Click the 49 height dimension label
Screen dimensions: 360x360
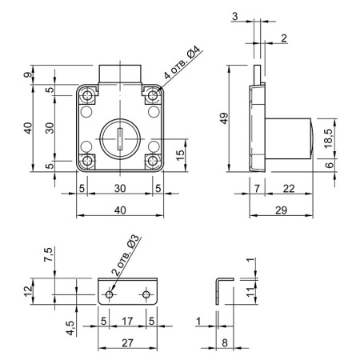(x=225, y=118)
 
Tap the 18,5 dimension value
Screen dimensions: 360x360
(x=329, y=138)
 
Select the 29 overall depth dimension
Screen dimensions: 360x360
(x=281, y=210)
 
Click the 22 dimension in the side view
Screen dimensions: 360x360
(x=289, y=189)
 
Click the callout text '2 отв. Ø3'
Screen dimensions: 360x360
(x=126, y=255)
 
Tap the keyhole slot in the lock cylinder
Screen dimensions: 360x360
(x=120, y=138)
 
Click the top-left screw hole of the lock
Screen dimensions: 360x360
(x=87, y=95)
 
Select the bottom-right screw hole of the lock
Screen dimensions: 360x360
(x=153, y=161)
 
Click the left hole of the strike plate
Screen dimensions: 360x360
(x=109, y=294)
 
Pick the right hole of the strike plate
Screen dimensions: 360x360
(x=146, y=294)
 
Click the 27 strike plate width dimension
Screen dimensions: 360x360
(x=127, y=343)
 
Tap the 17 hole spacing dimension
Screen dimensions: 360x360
(x=127, y=321)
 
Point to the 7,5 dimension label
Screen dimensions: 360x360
(x=49, y=254)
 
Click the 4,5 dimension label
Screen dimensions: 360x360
(x=70, y=328)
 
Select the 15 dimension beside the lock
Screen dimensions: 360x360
(x=181, y=155)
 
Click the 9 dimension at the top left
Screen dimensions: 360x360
(x=28, y=75)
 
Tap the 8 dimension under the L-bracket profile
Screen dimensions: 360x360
(x=225, y=343)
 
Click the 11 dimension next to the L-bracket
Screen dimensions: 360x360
(x=250, y=292)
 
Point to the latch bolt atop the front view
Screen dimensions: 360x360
(x=120, y=74)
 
